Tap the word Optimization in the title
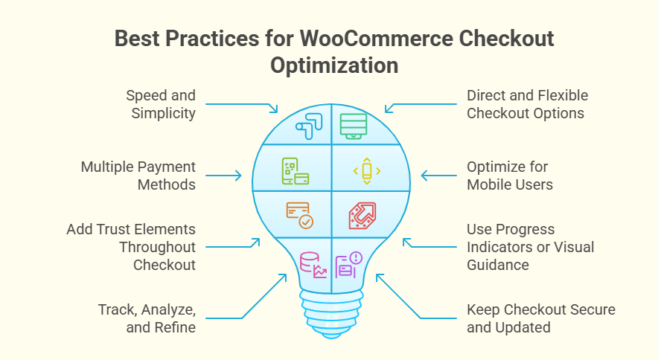(x=334, y=65)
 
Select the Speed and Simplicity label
(x=160, y=104)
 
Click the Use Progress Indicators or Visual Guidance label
(x=530, y=247)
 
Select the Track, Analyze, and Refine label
(x=147, y=318)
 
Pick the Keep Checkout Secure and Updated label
(x=541, y=318)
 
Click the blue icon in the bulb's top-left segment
(x=307, y=125)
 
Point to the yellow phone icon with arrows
(x=366, y=172)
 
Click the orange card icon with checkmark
(x=300, y=215)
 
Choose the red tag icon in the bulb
(x=362, y=215)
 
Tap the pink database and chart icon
(x=312, y=265)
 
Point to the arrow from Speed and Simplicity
(x=242, y=104)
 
